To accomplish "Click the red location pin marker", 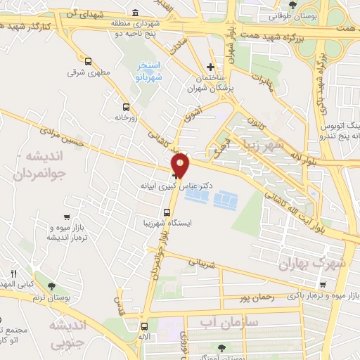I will point(181,164).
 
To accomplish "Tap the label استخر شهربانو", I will point(148,72).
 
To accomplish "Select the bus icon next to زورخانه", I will point(126,108).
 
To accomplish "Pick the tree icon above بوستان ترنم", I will point(51,285).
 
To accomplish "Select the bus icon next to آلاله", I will point(144,326).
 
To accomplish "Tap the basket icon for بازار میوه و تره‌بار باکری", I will point(322,285).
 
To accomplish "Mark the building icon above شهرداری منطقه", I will point(134,13).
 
